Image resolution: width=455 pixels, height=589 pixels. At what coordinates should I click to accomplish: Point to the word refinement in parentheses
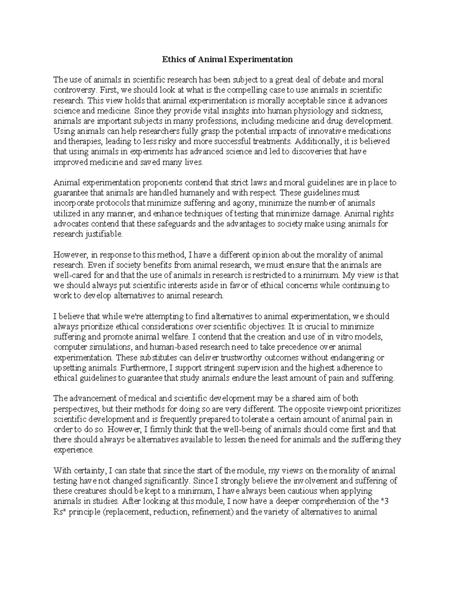(212, 512)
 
